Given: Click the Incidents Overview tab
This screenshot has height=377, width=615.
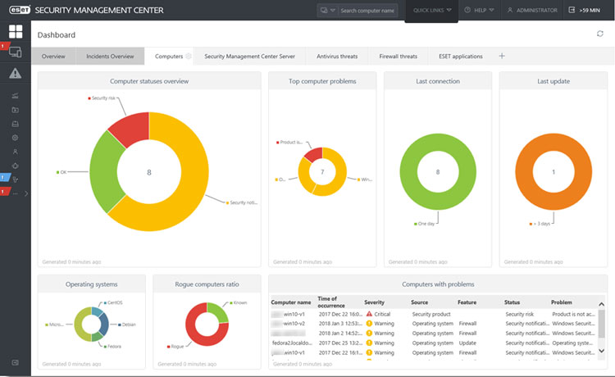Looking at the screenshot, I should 110,57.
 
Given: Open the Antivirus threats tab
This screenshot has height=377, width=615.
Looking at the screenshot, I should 338,57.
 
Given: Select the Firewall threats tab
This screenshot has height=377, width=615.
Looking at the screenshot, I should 398,57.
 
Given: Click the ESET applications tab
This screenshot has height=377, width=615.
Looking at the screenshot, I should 460,57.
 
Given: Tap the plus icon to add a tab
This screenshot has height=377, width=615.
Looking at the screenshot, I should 502,57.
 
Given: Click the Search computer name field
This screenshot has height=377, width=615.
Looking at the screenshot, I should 368,11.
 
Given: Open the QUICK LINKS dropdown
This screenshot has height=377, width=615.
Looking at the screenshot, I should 431,11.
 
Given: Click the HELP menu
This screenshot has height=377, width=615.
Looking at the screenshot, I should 478,11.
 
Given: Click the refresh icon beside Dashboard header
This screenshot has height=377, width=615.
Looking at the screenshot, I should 599,34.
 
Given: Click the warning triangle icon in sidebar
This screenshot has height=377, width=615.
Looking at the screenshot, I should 15,74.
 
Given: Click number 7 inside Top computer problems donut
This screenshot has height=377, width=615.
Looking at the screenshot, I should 323,173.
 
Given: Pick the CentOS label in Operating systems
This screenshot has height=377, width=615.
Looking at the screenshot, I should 115,302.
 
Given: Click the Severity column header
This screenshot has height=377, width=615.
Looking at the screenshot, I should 374,302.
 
